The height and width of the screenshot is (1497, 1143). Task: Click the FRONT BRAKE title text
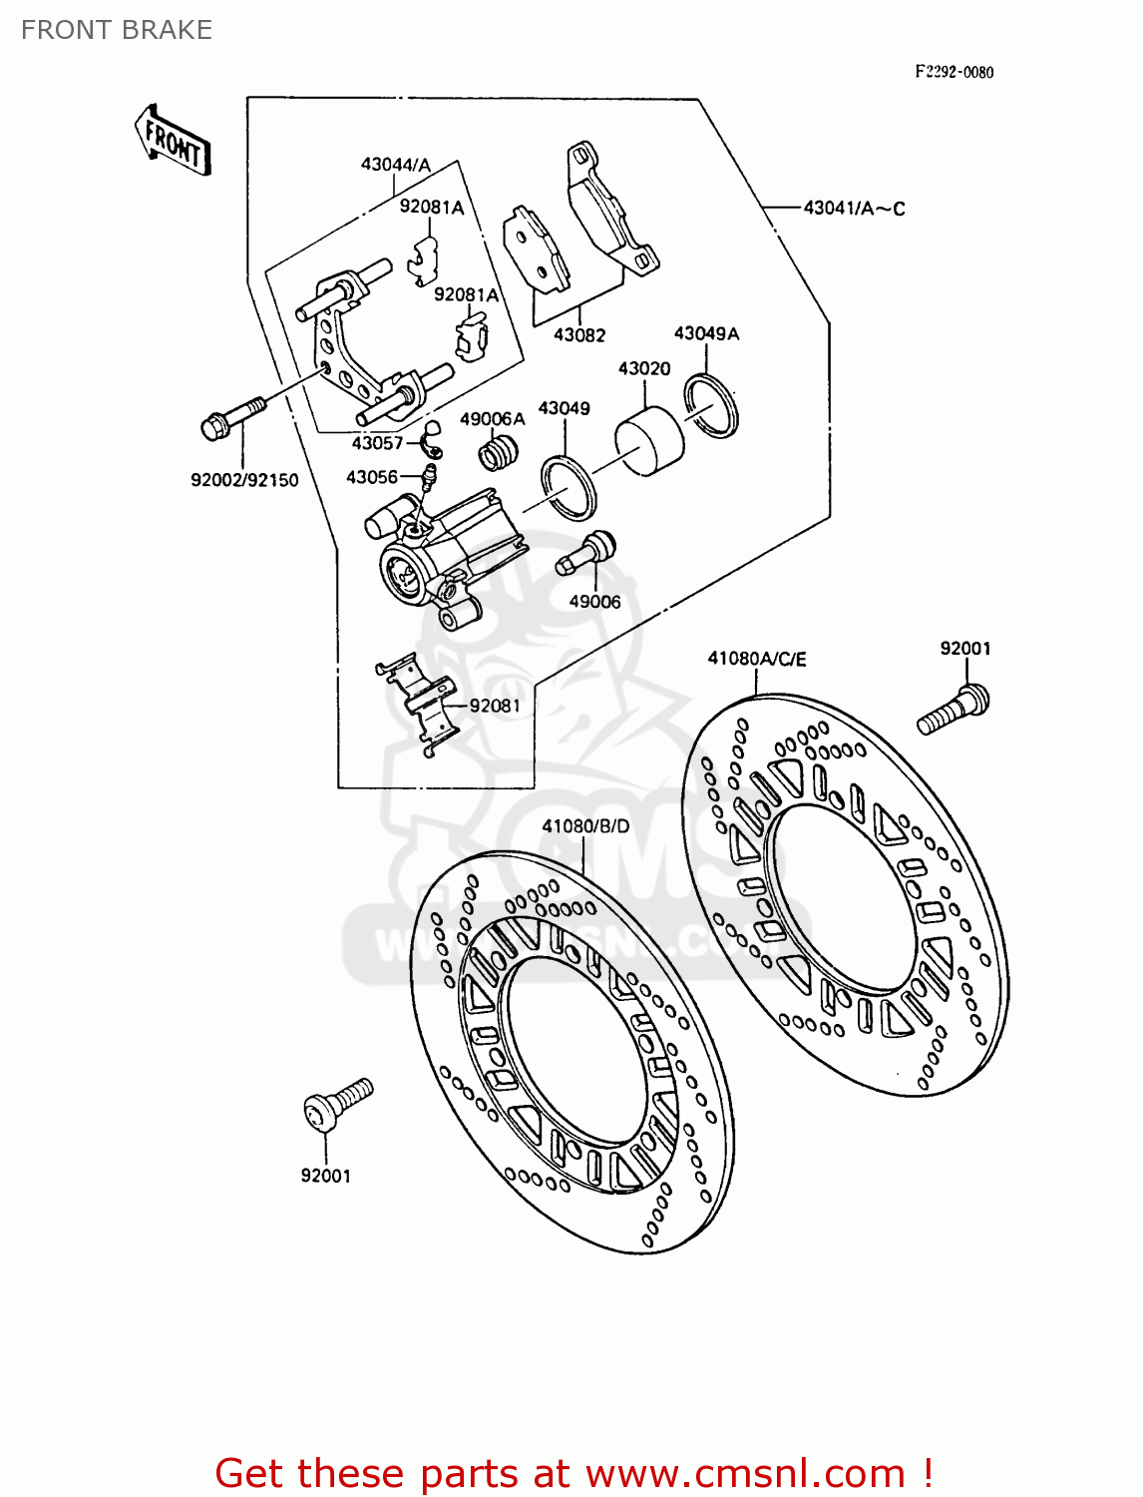pyautogui.click(x=117, y=30)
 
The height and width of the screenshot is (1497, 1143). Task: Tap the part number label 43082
pyautogui.click(x=579, y=335)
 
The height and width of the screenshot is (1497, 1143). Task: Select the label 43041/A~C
pyautogui.click(x=855, y=209)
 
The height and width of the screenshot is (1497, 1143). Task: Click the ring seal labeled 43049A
pyautogui.click(x=711, y=405)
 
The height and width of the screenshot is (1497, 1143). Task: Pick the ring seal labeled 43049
pyautogui.click(x=568, y=487)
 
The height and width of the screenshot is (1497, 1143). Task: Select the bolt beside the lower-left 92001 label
pyautogui.click(x=336, y=1105)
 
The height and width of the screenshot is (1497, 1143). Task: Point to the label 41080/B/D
pyautogui.click(x=586, y=826)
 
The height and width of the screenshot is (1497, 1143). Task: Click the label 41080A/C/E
pyautogui.click(x=757, y=659)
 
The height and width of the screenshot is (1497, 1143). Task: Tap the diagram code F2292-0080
pyautogui.click(x=954, y=72)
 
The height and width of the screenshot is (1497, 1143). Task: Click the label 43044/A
pyautogui.click(x=396, y=165)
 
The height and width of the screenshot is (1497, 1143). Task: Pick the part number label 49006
pyautogui.click(x=594, y=602)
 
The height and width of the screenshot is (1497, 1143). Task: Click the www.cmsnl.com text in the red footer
pyautogui.click(x=745, y=1473)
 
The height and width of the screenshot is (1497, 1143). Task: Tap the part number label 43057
pyautogui.click(x=377, y=443)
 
